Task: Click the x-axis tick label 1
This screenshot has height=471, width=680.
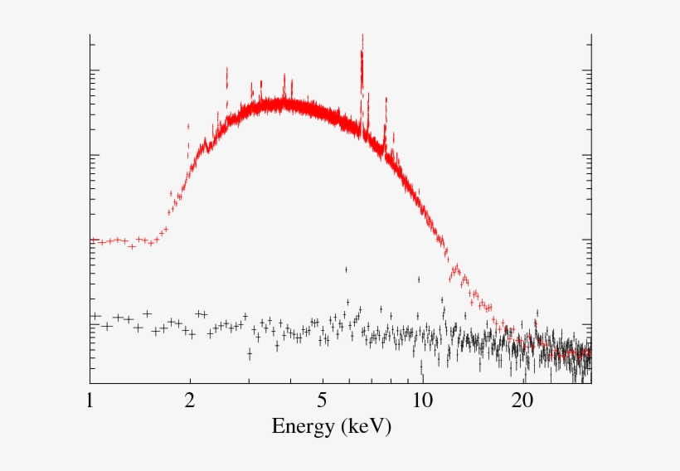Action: tap(90, 401)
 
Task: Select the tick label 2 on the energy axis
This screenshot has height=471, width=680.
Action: tap(190, 401)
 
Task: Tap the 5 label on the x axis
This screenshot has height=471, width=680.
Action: tap(322, 401)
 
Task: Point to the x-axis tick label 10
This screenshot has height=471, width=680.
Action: tap(422, 401)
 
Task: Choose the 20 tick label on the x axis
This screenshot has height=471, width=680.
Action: tap(522, 401)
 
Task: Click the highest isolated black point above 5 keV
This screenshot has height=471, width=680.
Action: tap(346, 269)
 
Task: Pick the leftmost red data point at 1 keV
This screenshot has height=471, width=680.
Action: tap(92, 240)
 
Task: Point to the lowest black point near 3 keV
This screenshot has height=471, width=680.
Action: tap(250, 354)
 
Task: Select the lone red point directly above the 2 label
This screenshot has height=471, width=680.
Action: tap(188, 126)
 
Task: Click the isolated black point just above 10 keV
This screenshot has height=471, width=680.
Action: tap(419, 279)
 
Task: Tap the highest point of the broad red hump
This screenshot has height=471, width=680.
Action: tap(286, 101)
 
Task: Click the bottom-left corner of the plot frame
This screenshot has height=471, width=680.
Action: tap(90, 383)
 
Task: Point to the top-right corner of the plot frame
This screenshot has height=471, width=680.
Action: tap(591, 35)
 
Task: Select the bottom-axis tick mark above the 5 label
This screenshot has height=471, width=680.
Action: tap(322, 381)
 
